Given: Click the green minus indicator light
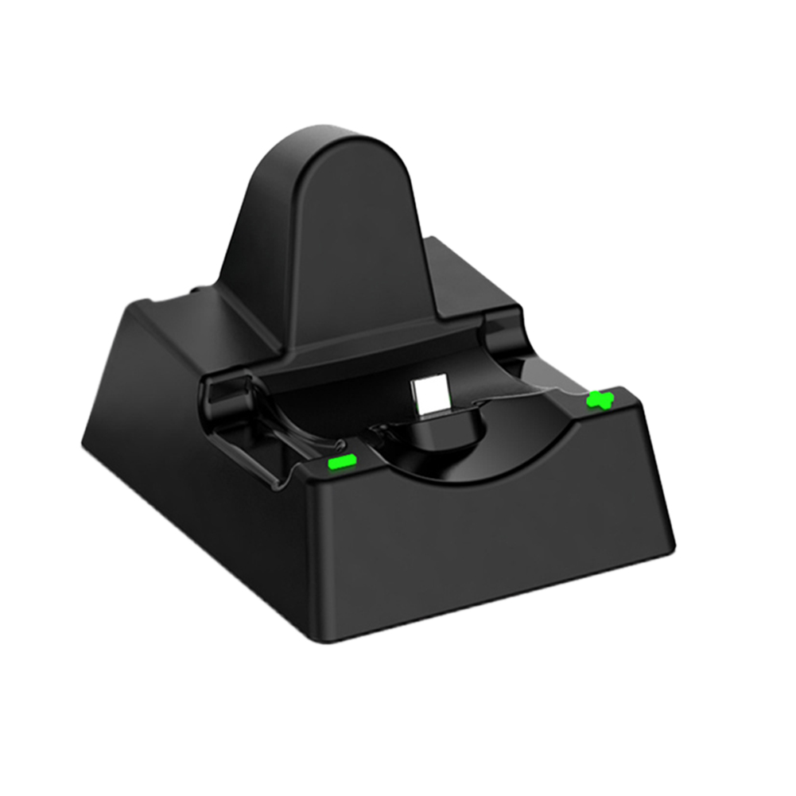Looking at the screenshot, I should click(340, 460).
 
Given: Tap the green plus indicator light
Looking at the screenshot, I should click(602, 399).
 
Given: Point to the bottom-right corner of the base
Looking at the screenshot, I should click(673, 549).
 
